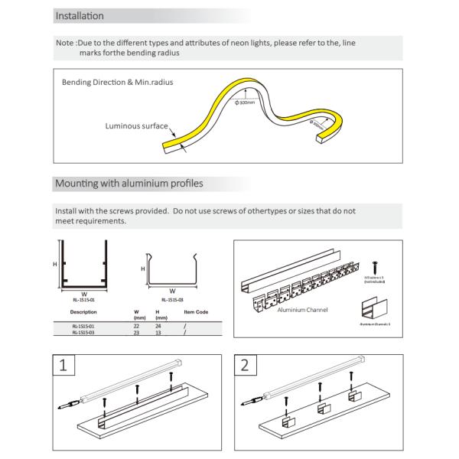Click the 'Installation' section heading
[80, 15]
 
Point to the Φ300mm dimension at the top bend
[246, 102]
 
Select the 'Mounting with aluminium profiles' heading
[129, 184]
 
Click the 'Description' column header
[83, 312]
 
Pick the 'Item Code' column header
[196, 312]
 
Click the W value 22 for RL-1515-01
[136, 327]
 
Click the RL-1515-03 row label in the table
[83, 333]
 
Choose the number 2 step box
[245, 364]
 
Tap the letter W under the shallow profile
[172, 291]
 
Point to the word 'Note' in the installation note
[64, 44]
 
